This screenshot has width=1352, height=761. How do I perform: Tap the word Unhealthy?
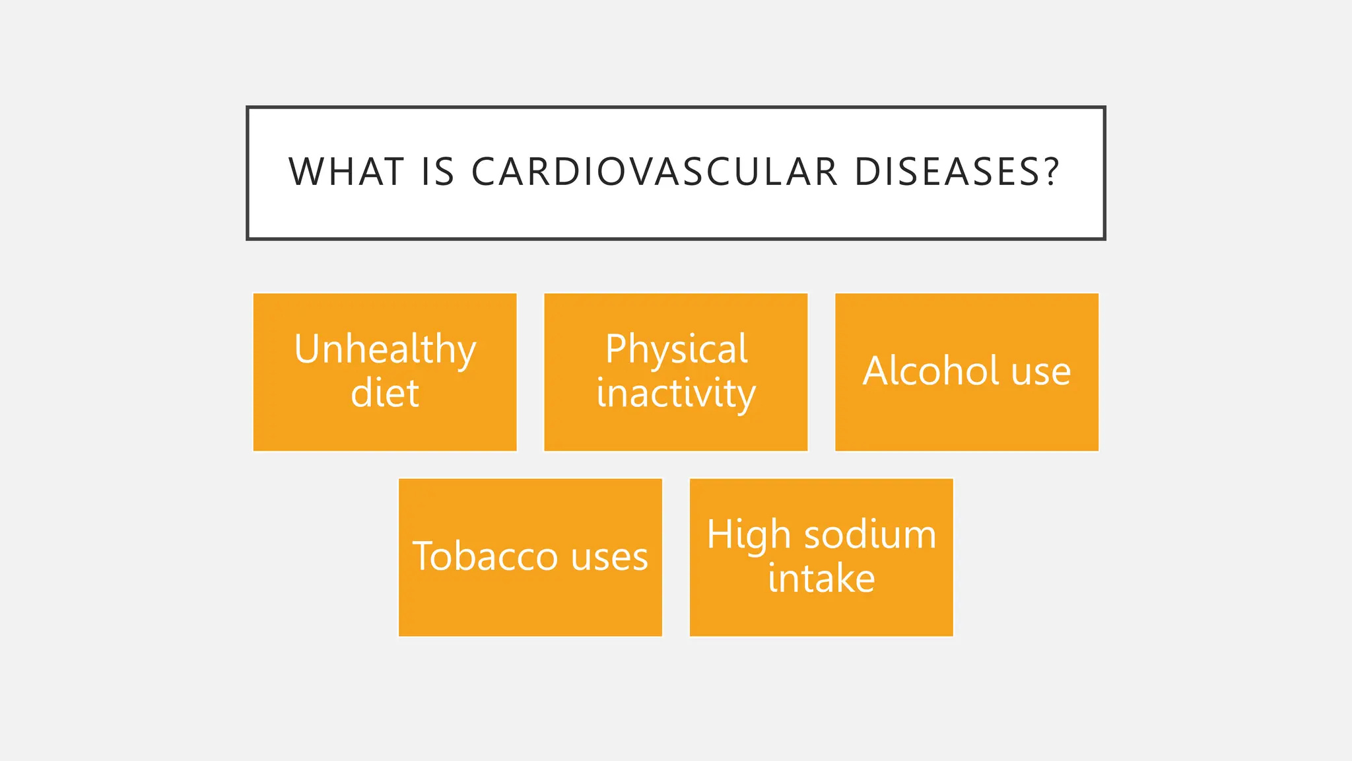point(385,349)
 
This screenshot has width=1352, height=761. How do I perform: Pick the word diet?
point(385,394)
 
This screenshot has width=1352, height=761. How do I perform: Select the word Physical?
point(676,349)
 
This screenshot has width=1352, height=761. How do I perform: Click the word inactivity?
point(676,394)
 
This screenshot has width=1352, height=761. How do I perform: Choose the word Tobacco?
point(485,556)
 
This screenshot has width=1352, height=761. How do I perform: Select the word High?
point(749,535)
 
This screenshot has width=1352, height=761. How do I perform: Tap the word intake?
point(821,579)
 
